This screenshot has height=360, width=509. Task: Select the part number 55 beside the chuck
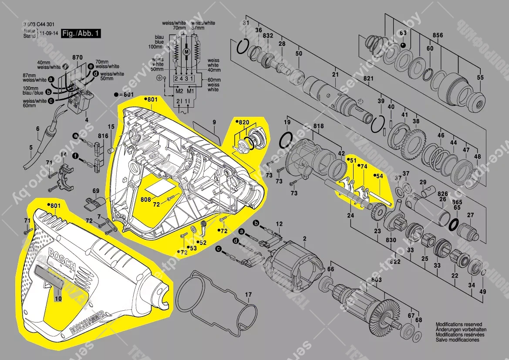point(480,78)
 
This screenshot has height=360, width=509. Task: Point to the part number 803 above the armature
point(376,279)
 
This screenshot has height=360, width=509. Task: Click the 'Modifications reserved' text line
point(459,325)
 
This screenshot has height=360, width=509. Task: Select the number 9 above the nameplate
point(214,122)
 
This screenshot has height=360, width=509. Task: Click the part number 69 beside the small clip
point(96,191)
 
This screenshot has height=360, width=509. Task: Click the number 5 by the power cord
point(30,147)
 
